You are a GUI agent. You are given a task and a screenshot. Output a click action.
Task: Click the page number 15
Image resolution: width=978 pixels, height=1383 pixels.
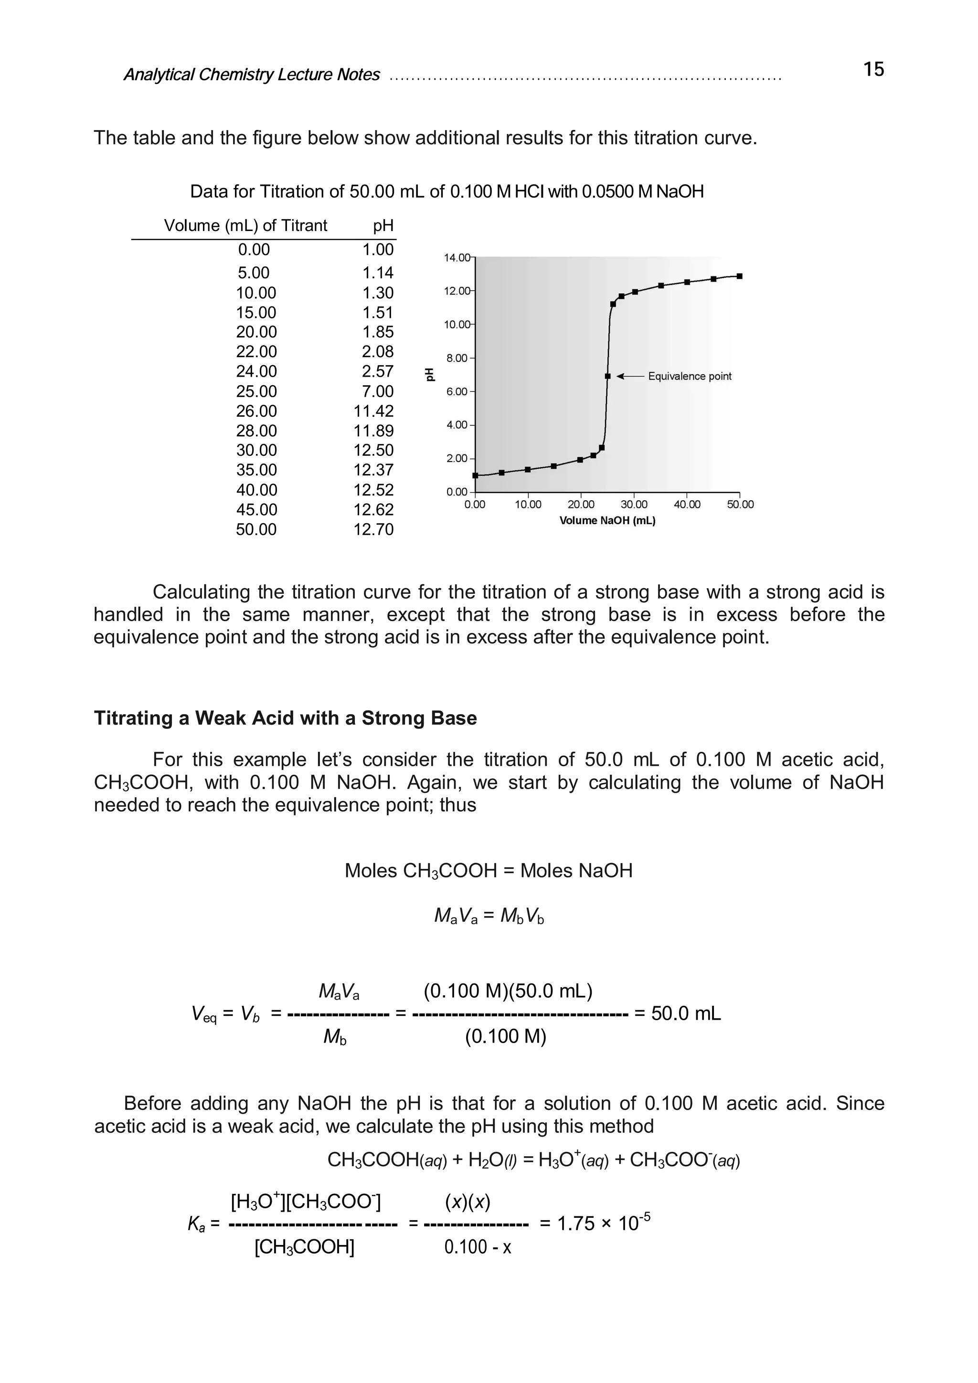[873, 70]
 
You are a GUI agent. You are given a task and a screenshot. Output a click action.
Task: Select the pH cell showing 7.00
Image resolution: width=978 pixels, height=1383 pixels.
[377, 391]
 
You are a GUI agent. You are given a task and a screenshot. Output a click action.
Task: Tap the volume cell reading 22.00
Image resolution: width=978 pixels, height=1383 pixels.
[256, 352]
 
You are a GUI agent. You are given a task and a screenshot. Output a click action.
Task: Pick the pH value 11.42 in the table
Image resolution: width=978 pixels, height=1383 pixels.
[373, 412]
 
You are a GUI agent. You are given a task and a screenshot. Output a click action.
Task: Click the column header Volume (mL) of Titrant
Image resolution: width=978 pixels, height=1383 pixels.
[245, 226]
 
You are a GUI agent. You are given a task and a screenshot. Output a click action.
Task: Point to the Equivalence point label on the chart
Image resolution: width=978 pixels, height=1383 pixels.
[690, 377]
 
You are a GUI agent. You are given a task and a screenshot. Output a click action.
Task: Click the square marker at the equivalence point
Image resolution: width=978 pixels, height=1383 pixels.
[607, 377]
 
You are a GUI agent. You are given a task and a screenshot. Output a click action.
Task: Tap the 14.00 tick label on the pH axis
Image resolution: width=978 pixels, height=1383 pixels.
[456, 258]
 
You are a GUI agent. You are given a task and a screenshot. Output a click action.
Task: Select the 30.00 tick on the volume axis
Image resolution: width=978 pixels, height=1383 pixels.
[634, 505]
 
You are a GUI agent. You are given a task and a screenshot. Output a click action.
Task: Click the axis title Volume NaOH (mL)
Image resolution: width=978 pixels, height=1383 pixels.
[607, 520]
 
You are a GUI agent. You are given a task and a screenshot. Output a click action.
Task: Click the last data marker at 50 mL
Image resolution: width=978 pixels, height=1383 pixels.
[739, 276]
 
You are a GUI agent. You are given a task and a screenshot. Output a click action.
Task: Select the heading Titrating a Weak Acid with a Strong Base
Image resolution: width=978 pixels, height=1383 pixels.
[285, 718]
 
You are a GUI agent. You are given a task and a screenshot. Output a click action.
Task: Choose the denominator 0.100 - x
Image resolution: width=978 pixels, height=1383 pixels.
[477, 1247]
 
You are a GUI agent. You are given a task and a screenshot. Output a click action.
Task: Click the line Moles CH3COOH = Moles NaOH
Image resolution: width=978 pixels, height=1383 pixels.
[488, 871]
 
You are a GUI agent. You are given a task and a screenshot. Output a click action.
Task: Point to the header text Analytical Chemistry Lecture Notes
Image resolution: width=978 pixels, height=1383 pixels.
[251, 74]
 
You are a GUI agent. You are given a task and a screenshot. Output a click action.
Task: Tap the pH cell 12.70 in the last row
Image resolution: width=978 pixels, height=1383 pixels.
[373, 530]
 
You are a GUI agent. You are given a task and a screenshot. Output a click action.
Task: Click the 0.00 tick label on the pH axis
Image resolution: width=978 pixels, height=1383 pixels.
[456, 492]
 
